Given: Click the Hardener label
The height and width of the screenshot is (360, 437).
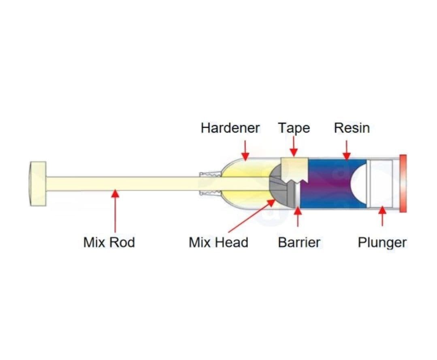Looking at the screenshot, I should point(230,128).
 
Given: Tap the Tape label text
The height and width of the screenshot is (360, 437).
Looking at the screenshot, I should point(294,128).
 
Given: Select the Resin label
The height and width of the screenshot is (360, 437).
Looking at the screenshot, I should point(352,128).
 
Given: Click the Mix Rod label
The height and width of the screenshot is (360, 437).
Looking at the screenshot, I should point(109,242).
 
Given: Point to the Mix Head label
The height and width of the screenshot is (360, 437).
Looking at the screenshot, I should point(218,242).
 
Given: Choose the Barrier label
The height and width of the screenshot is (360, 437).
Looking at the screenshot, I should point(299,242).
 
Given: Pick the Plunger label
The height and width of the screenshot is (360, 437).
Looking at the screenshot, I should point(382,242).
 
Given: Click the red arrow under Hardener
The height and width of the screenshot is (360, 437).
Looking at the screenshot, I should point(245,150).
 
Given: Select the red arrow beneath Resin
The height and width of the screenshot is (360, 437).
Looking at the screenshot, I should point(346,150).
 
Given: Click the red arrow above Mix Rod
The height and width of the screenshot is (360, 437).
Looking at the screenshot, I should point(115,211).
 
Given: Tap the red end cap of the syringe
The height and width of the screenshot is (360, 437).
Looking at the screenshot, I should point(402,183).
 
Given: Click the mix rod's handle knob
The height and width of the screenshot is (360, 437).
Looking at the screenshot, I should point(38,184).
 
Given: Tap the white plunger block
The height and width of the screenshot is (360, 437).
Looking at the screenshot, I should point(381,183).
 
